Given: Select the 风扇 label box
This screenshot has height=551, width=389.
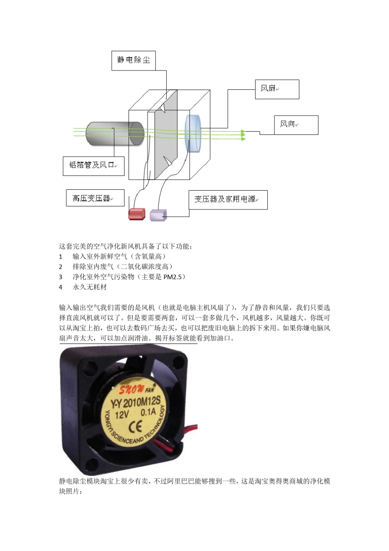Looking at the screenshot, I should coord(277,89).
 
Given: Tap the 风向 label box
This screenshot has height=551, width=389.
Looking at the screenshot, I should coord(296,125).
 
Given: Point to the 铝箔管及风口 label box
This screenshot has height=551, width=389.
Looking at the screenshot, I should coord(93,166).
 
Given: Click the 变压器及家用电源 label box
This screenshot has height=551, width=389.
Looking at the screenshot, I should coord(228,200).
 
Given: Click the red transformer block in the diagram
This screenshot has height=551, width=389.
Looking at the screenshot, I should coord(137,214).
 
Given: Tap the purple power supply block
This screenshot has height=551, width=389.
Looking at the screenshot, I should coord(158,215).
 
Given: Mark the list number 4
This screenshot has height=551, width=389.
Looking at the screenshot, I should coord(61,287).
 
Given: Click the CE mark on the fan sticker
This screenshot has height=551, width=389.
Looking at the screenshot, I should coord(136,428).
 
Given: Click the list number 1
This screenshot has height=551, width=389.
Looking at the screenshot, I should coord(61,257).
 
